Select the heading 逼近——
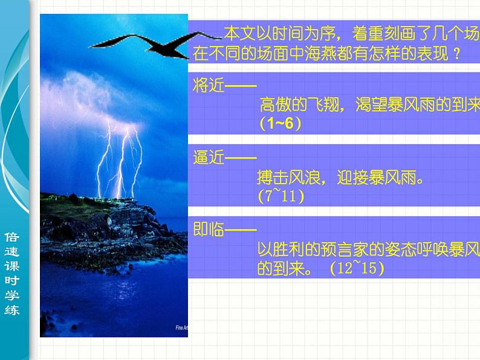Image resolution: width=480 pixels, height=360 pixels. (x=216, y=158)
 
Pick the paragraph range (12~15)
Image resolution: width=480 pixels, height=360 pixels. (x=357, y=269)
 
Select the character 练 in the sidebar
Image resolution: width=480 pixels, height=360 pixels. (x=12, y=310)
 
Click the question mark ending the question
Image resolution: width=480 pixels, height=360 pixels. (x=457, y=54)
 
